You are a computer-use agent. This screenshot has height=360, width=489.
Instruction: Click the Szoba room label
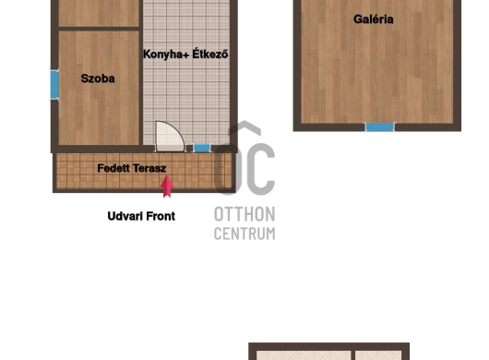coord(98,78)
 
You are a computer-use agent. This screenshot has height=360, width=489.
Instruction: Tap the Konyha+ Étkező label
coord(185,54)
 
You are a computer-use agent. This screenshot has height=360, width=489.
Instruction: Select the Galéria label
coord(374,19)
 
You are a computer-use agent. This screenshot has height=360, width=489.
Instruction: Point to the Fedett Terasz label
coord(132,168)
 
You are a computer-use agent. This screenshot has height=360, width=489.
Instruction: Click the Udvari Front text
coord(141,216)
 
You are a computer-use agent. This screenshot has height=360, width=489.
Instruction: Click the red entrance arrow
coord(167,186)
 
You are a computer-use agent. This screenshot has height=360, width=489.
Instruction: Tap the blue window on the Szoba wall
coord(54,85)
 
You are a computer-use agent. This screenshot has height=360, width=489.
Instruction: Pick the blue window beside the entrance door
coord(202,148)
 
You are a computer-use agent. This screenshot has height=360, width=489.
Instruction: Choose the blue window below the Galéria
coord(379,127)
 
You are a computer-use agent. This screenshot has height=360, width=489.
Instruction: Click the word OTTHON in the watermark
coord(244,214)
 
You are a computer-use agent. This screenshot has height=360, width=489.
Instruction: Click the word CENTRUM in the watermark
coord(244,234)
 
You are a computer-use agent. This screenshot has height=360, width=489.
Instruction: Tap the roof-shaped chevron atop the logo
coord(244,127)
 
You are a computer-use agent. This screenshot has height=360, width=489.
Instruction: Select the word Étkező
coord(209,54)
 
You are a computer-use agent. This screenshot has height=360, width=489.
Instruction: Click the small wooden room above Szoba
coord(99,13)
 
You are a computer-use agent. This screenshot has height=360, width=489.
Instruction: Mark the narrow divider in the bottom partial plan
coord(353,355)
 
